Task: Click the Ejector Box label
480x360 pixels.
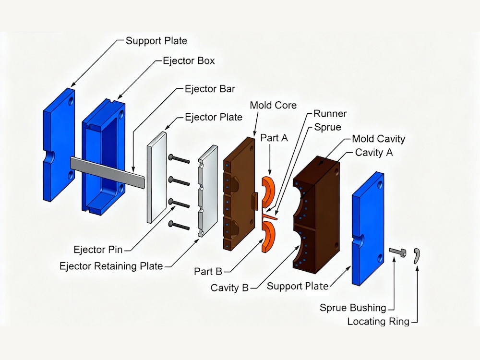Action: click(x=189, y=61)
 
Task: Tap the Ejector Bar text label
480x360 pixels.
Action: click(x=210, y=89)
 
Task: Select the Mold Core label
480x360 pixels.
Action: click(x=273, y=105)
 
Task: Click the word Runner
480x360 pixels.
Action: click(x=330, y=114)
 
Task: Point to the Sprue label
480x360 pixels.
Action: click(x=327, y=127)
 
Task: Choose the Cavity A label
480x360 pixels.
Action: click(x=374, y=153)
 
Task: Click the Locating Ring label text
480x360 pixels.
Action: click(x=378, y=322)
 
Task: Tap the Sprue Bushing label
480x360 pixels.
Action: click(x=353, y=308)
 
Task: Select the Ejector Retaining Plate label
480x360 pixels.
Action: click(x=111, y=266)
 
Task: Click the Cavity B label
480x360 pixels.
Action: click(x=229, y=288)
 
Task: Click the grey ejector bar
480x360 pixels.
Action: click(x=108, y=172)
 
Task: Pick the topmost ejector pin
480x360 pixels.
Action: click(x=179, y=159)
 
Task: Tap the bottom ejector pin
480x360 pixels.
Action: click(x=179, y=225)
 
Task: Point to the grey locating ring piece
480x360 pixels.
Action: click(x=417, y=255)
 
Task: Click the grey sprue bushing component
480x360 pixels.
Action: click(x=398, y=252)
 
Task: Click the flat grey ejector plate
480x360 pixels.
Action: click(x=157, y=177)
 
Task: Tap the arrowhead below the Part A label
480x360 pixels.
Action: click(x=270, y=172)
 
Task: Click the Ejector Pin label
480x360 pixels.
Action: click(x=98, y=250)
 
